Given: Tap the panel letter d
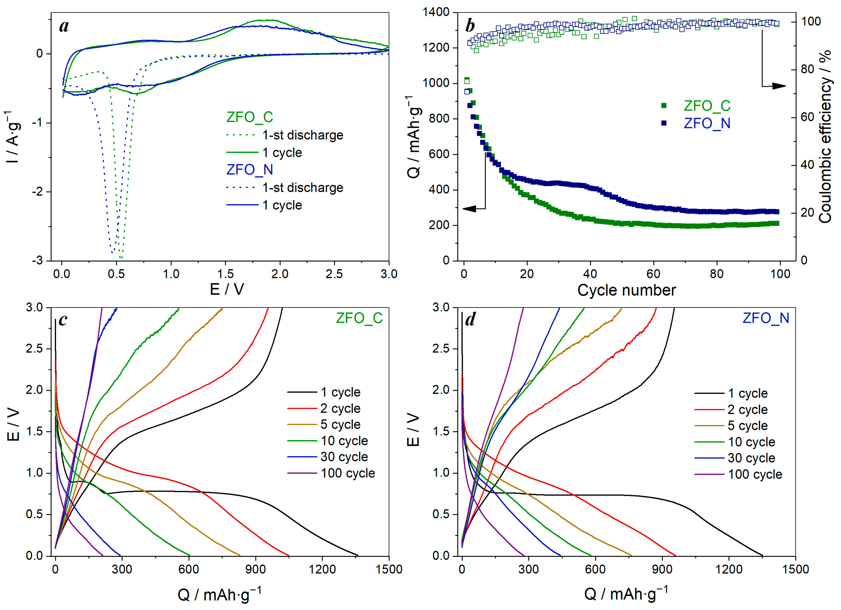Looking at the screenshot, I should [470, 319].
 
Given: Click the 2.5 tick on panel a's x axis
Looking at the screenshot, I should [334, 274].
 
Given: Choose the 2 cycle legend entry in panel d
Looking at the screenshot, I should [747, 410].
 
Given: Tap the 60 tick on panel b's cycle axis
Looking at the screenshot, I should [653, 274].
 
